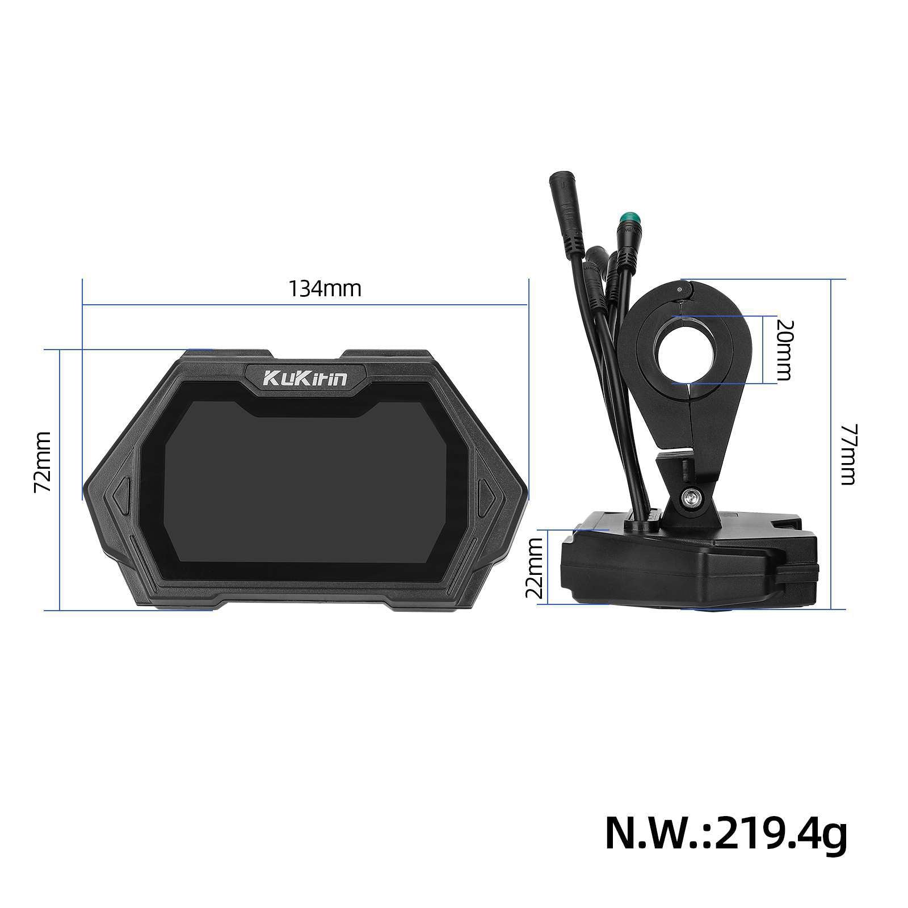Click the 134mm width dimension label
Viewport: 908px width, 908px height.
pyautogui.click(x=325, y=289)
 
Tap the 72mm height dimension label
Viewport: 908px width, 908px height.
pyautogui.click(x=43, y=463)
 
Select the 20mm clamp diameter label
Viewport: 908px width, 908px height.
pyautogui.click(x=785, y=350)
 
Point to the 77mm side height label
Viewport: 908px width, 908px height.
pyautogui.click(x=847, y=454)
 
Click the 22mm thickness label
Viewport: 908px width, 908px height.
pyautogui.click(x=535, y=567)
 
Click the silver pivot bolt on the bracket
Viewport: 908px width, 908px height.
pyautogui.click(x=691, y=498)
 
